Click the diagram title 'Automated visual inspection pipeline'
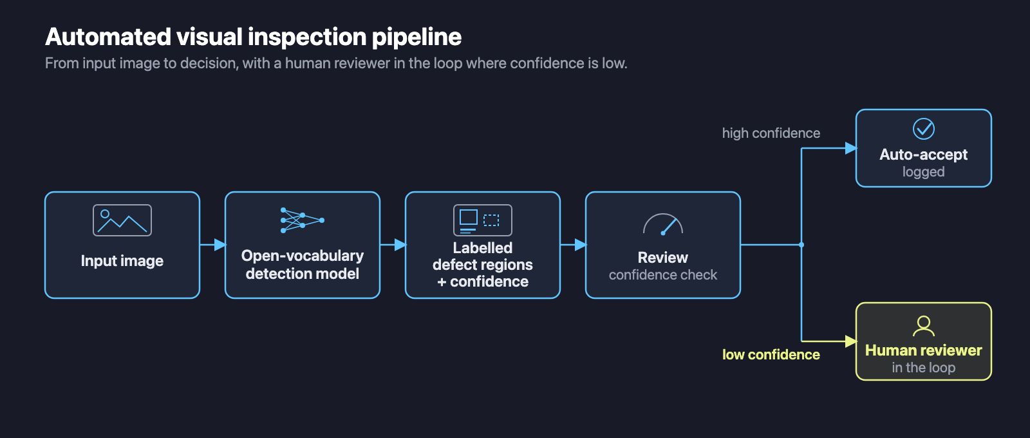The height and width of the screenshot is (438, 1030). point(254,37)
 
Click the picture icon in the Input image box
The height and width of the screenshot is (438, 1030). point(122,220)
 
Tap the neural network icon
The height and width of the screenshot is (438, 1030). point(302,220)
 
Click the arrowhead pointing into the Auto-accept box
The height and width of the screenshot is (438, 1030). point(851,148)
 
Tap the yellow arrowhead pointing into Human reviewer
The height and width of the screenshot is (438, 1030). point(851,341)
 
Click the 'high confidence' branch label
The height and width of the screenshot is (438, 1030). point(771,133)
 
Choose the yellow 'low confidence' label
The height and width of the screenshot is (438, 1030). point(771,355)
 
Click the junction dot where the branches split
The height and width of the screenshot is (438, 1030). point(801,245)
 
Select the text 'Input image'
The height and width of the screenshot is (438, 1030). point(122,261)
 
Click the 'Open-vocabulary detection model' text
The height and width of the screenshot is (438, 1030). point(302,265)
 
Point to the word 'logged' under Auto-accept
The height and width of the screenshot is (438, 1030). point(923,172)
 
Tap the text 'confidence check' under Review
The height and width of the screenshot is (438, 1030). point(662,274)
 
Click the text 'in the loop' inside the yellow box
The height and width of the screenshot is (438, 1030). point(923,368)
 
